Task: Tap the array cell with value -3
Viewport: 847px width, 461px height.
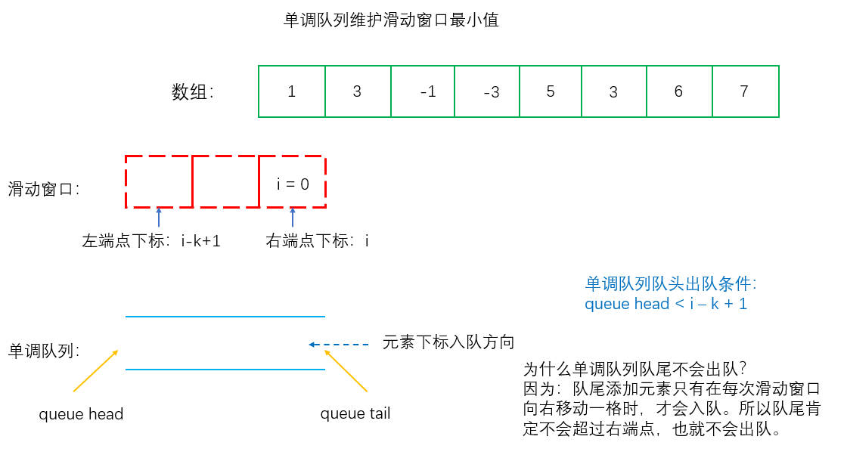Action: point(489,91)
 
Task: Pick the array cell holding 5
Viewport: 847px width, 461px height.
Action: point(551,91)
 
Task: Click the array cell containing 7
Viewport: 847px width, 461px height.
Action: point(745,91)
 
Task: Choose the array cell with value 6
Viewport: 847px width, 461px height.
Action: point(679,91)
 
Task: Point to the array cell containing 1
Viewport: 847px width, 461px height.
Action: point(292,91)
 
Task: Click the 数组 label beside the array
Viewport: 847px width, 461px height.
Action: point(192,92)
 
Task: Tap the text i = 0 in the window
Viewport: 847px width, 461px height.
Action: point(293,183)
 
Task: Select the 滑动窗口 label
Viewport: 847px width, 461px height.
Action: point(44,189)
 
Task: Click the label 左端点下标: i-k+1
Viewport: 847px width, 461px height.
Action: point(151,242)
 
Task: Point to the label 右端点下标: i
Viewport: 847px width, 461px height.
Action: point(318,242)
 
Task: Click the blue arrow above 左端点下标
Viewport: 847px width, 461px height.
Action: point(159,217)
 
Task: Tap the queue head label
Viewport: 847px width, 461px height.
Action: point(81,414)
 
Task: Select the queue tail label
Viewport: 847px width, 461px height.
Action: point(355,414)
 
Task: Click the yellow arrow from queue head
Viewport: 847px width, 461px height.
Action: point(96,371)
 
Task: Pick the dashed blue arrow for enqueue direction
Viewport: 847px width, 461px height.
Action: point(338,345)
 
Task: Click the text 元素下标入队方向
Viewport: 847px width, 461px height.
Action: point(448,342)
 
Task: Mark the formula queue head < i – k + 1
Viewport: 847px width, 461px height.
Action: point(665,304)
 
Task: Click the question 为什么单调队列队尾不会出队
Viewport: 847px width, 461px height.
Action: point(635,370)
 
